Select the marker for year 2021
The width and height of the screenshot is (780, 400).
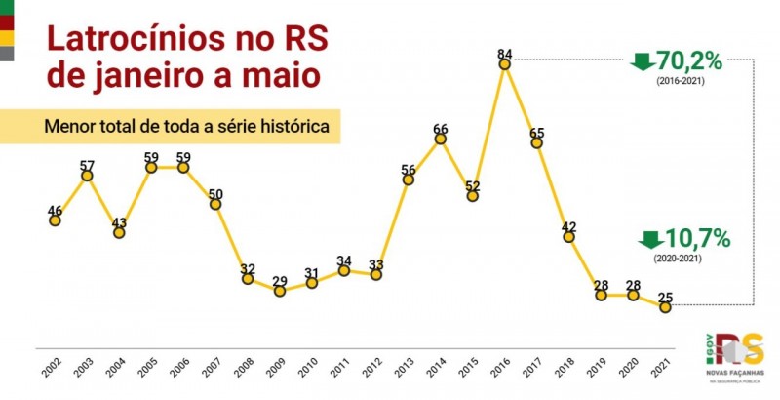point(665,307)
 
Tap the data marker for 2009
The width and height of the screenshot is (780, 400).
point(280,291)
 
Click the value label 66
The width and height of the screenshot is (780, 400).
point(441,128)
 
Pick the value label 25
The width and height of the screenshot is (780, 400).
point(665,296)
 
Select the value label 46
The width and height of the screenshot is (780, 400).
point(55,209)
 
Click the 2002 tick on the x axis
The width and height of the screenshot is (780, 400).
point(53,368)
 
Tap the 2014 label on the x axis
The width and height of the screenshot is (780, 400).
point(439,368)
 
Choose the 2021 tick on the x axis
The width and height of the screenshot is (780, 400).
point(663,368)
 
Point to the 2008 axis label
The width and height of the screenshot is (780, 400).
point(246,368)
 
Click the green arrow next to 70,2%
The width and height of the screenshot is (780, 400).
point(642,61)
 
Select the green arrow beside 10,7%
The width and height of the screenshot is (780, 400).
point(650,239)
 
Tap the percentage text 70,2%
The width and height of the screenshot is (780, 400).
point(689,60)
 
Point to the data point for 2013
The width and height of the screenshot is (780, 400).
point(409,180)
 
